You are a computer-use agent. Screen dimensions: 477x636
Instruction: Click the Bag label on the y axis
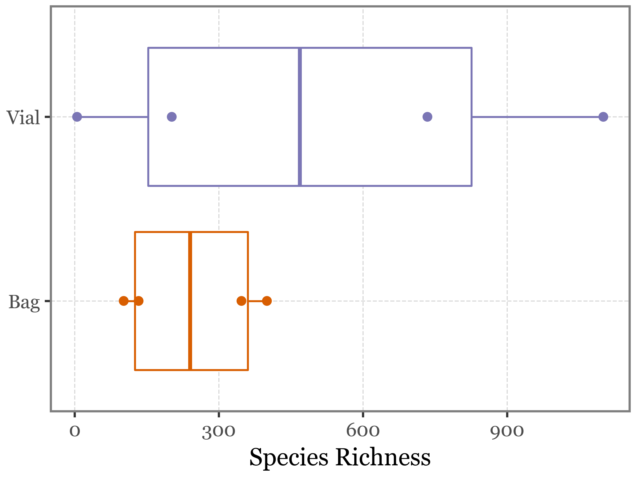click(24, 302)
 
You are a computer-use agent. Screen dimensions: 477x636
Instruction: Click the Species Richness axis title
click(340, 457)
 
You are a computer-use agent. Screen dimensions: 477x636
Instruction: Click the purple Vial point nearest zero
click(77, 117)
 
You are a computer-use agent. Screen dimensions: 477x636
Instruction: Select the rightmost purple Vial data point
click(603, 117)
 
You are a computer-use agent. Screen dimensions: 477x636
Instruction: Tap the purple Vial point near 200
click(172, 117)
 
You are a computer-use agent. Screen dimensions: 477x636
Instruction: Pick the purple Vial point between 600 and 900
click(427, 117)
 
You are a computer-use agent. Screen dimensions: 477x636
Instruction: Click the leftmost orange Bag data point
click(124, 301)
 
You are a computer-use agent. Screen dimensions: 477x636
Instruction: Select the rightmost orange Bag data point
click(267, 301)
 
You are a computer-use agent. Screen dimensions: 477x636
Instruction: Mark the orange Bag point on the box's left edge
click(139, 301)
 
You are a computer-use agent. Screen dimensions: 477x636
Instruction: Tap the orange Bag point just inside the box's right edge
click(241, 301)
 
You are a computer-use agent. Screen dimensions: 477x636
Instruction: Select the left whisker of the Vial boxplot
click(115, 117)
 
